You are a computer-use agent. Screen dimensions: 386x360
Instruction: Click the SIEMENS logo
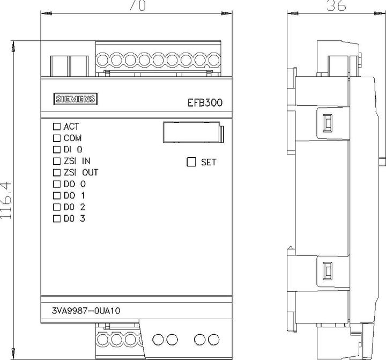coord(76,99)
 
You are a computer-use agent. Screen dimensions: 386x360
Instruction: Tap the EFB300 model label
coord(205,103)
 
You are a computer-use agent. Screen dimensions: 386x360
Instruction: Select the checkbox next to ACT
coord(57,127)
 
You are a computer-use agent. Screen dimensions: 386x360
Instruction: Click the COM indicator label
coord(72,138)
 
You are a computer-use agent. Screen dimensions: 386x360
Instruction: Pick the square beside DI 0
coord(57,149)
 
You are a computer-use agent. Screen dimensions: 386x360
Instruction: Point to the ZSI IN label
coord(77,161)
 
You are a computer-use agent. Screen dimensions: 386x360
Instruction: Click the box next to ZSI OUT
coord(57,172)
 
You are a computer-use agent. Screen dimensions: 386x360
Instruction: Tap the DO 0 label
coord(75,184)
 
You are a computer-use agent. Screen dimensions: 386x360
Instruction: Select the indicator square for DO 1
coord(57,195)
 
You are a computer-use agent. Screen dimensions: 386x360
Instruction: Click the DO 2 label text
coord(75,207)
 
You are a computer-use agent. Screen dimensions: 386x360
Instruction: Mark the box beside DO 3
coord(57,218)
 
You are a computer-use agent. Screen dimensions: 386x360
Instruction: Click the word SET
coord(209,162)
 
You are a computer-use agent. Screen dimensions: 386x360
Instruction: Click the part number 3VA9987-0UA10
coord(86,311)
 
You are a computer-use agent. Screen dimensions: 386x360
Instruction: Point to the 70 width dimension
coord(137,5)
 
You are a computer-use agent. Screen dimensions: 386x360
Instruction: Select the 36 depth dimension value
coord(336,5)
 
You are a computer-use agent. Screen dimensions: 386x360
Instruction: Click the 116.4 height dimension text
coord(6,200)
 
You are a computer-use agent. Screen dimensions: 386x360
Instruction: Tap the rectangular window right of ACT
coord(193,132)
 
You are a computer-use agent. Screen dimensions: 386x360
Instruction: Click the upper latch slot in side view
coord(328,123)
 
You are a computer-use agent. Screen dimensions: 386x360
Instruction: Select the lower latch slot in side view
coord(328,271)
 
